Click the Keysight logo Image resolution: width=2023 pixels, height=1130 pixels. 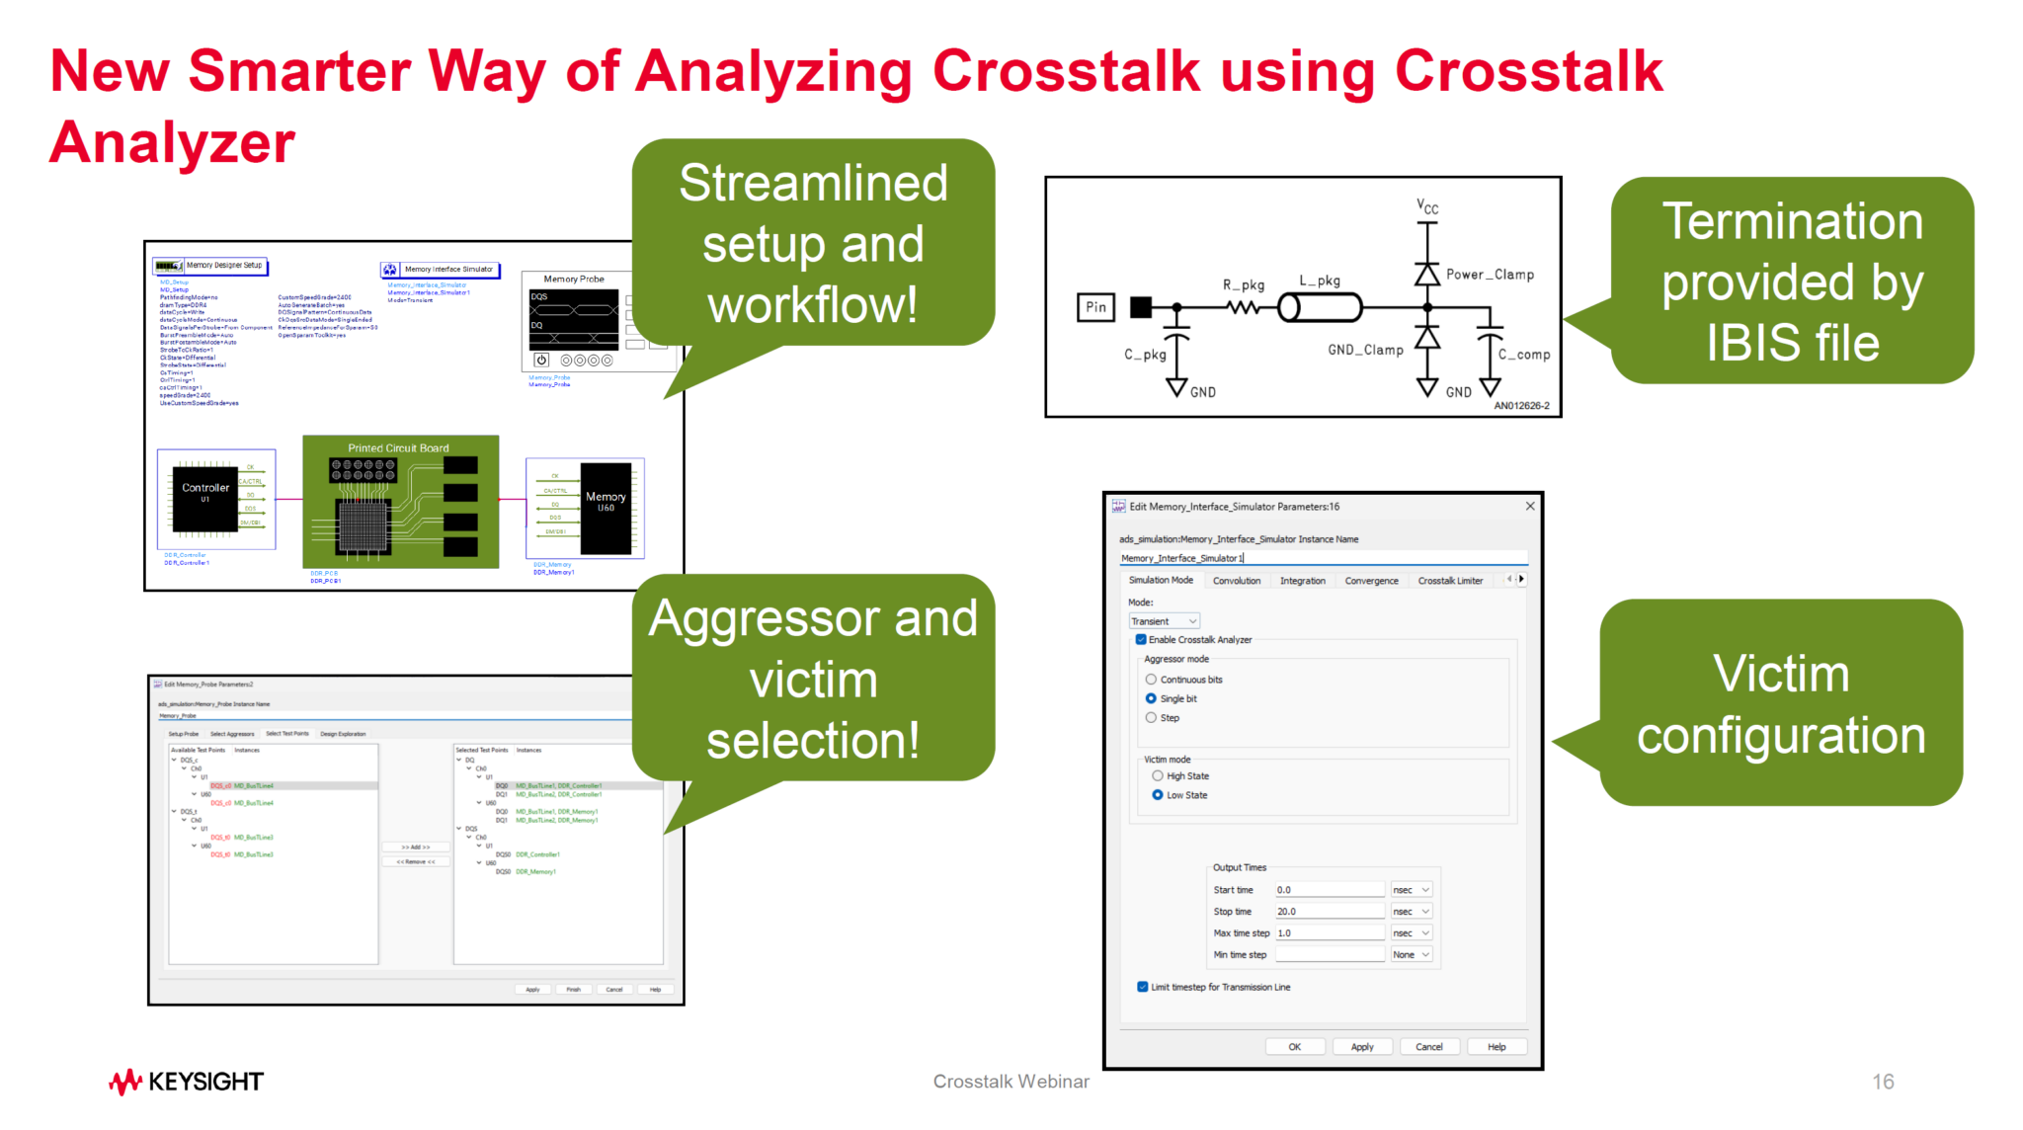click(186, 1082)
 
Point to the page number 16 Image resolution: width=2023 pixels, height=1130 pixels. click(1883, 1082)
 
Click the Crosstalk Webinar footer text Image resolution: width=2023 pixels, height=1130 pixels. click(1011, 1082)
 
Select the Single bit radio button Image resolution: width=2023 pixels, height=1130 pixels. click(1151, 698)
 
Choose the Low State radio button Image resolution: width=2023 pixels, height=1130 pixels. click(1157, 795)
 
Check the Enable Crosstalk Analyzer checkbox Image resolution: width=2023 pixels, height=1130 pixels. click(1141, 640)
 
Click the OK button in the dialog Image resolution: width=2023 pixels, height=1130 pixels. click(1294, 1047)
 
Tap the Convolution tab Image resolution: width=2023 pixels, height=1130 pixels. click(1236, 581)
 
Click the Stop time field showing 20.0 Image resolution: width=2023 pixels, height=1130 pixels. click(1329, 912)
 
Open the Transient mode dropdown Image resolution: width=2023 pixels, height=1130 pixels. click(1164, 621)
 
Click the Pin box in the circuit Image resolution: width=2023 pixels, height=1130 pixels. click(1095, 307)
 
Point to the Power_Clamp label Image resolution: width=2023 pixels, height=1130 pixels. click(1490, 275)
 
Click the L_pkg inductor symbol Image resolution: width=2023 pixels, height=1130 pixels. click(1320, 308)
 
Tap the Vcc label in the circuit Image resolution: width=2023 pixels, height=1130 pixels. click(1427, 207)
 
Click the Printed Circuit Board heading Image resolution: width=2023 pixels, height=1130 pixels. click(398, 448)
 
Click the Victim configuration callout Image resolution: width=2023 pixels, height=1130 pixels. click(1780, 704)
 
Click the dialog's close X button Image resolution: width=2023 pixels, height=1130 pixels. click(1530, 507)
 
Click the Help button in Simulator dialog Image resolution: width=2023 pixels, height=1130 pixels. click(1497, 1047)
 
